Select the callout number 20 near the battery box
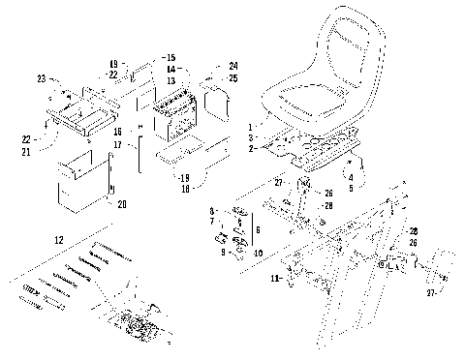click(x=121, y=204)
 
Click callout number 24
click(x=233, y=66)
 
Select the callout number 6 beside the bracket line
click(x=257, y=232)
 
